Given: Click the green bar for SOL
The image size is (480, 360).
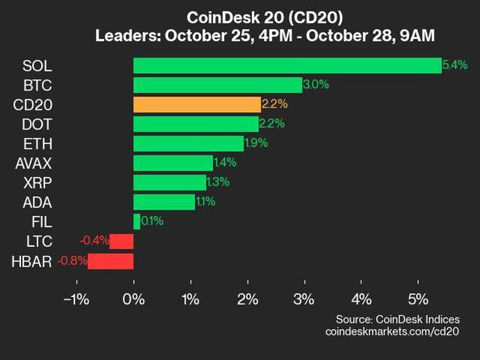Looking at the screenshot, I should (287, 65).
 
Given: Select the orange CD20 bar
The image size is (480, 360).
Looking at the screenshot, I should (197, 104).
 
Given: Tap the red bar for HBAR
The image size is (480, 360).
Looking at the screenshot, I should (110, 261).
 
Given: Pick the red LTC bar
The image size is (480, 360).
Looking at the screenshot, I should (121, 241).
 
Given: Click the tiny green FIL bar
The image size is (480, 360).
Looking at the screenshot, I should (137, 221).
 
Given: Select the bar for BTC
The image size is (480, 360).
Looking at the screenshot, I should (217, 85).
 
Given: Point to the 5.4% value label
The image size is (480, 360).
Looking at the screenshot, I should (454, 65).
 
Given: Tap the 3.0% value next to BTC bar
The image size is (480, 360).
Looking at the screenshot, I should (316, 85).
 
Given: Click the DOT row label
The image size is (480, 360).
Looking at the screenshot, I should (38, 124).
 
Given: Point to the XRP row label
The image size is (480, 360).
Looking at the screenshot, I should (38, 182).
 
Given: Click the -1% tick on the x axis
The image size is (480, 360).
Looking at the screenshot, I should (76, 299).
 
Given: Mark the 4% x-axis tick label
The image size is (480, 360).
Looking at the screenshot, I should (361, 299).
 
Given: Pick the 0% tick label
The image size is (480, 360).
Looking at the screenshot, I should (133, 299).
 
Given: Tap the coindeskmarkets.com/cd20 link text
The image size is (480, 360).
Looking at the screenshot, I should (392, 331).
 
